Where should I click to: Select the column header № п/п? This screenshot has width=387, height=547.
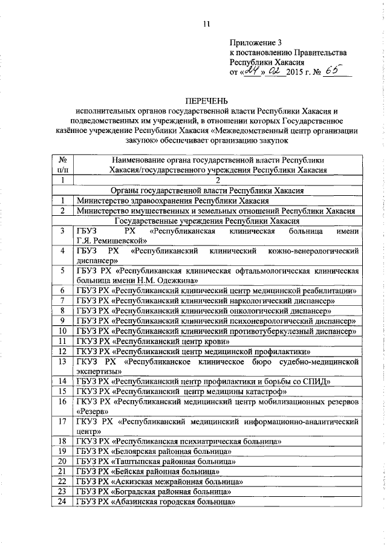pos(62,165)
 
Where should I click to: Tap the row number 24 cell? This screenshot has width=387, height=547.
pos(62,501)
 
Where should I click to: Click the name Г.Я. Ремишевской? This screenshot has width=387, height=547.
pos(108,241)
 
